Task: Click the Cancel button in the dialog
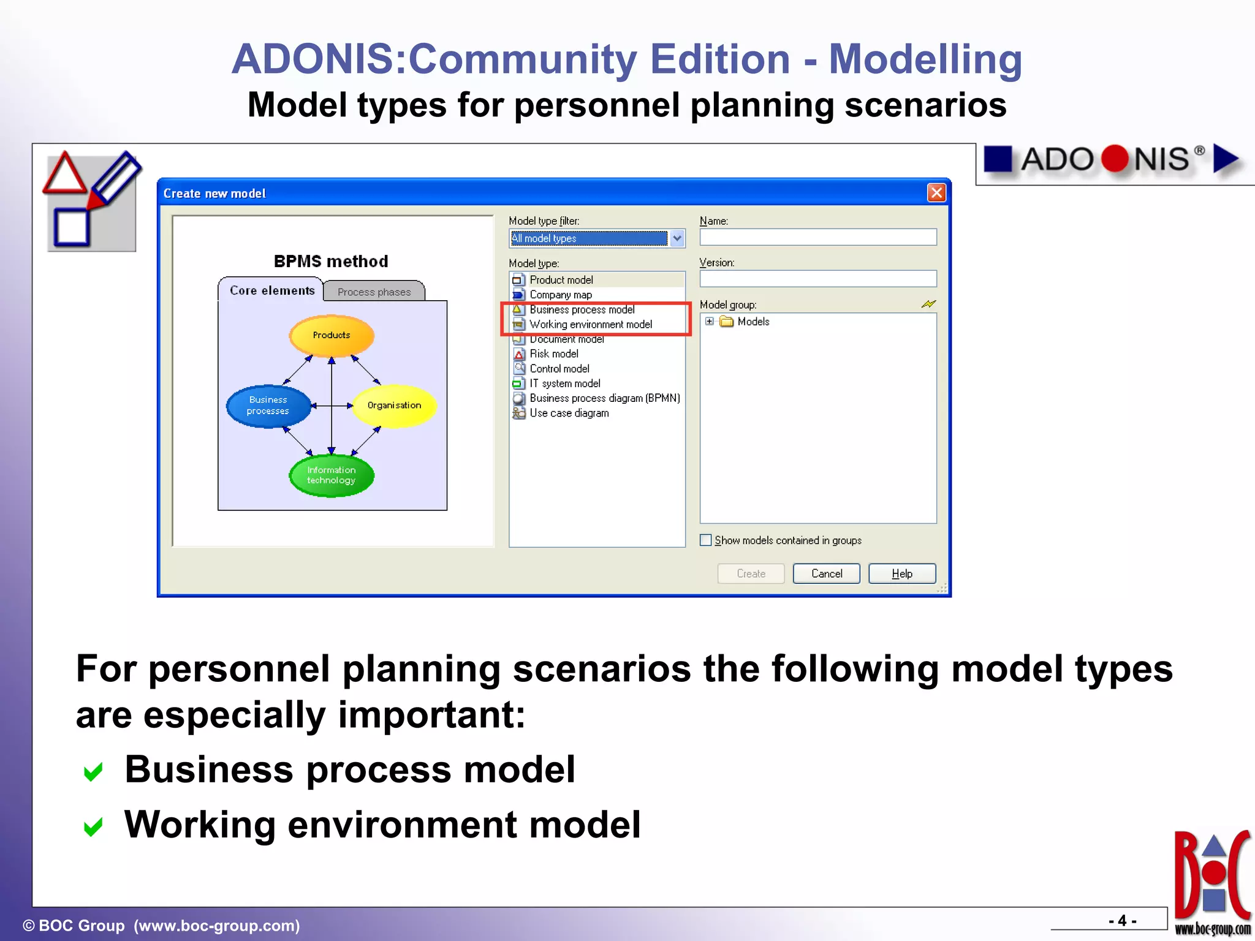tap(826, 573)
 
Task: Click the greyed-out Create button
tap(751, 573)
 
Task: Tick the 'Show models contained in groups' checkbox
tap(706, 540)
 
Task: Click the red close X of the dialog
tap(936, 193)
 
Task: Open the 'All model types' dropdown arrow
tap(677, 238)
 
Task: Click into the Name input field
tap(817, 237)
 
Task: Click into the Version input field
tap(817, 279)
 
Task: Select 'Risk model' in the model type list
tap(553, 354)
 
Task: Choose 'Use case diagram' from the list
tap(569, 414)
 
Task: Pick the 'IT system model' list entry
tap(564, 384)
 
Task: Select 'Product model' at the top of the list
tap(561, 280)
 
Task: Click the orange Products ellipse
tap(332, 335)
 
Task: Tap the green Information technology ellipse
tap(332, 475)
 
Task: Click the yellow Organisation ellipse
tap(394, 406)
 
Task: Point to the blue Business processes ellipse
tap(268, 406)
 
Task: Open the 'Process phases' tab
tap(374, 292)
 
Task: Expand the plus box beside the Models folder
tap(710, 322)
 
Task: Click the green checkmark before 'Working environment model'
tap(93, 827)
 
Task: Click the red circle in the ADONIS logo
tap(1114, 159)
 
